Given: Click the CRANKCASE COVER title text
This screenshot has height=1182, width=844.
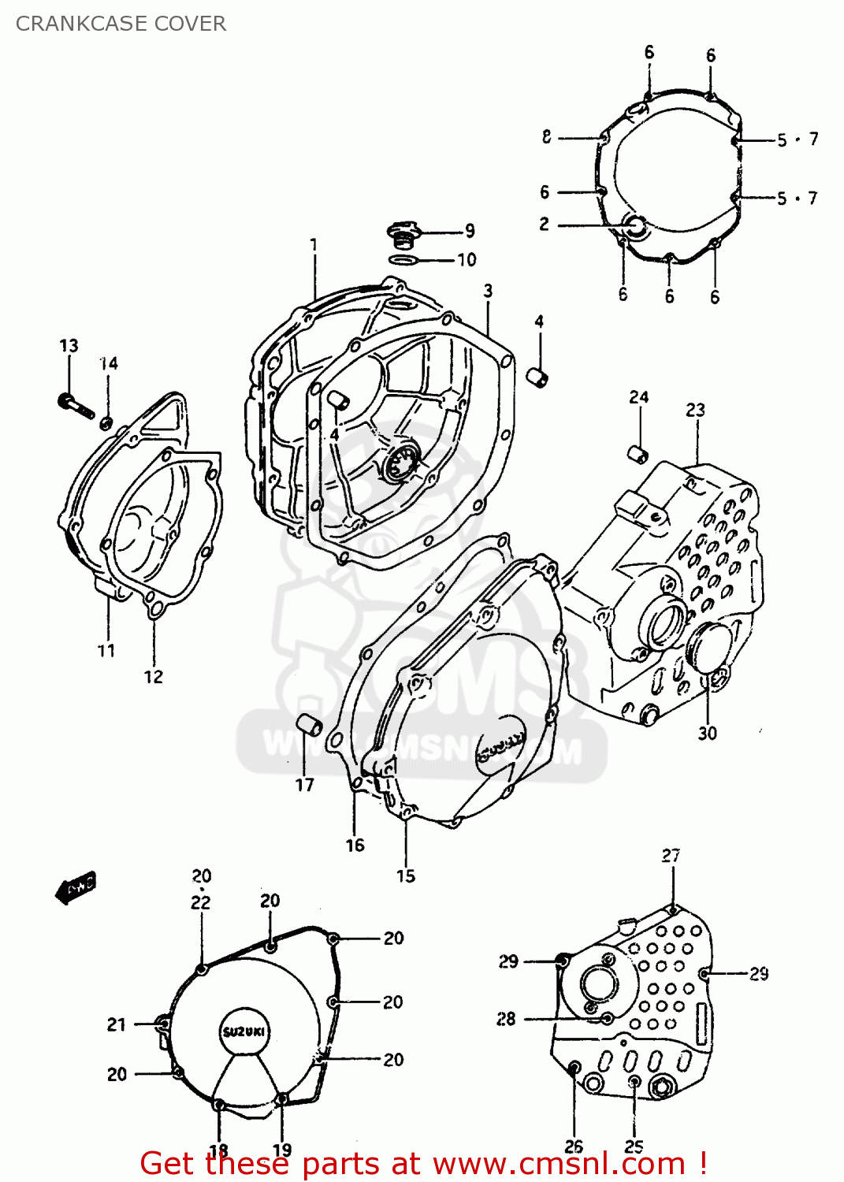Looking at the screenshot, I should pyautogui.click(x=121, y=24).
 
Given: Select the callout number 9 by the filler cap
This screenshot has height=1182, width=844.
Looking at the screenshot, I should pyautogui.click(x=470, y=231).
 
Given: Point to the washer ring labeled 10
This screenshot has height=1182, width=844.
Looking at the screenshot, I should pyautogui.click(x=403, y=260).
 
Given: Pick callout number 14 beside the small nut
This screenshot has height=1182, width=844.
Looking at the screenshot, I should pyautogui.click(x=109, y=363).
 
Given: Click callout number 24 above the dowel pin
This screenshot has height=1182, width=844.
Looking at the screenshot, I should pyautogui.click(x=638, y=397).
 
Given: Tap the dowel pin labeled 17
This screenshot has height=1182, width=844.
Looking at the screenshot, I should pyautogui.click(x=309, y=724).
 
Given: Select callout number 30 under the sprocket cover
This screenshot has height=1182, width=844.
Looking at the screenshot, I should pyautogui.click(x=707, y=733).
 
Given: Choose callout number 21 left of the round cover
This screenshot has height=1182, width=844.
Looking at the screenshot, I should pyautogui.click(x=117, y=1024).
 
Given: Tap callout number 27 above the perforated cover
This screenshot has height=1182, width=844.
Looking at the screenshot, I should pyautogui.click(x=671, y=855).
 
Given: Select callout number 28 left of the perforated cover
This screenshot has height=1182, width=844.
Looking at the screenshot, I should pyautogui.click(x=506, y=1019).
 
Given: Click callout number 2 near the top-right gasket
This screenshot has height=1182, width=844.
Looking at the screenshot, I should pyautogui.click(x=544, y=224).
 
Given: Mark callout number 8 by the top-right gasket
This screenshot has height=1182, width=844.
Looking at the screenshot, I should pyautogui.click(x=546, y=137).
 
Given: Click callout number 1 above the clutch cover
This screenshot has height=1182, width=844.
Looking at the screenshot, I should pyautogui.click(x=314, y=244).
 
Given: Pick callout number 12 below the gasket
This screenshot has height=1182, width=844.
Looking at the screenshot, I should pyautogui.click(x=153, y=676).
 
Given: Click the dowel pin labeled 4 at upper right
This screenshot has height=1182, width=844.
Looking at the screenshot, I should pyautogui.click(x=538, y=377).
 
